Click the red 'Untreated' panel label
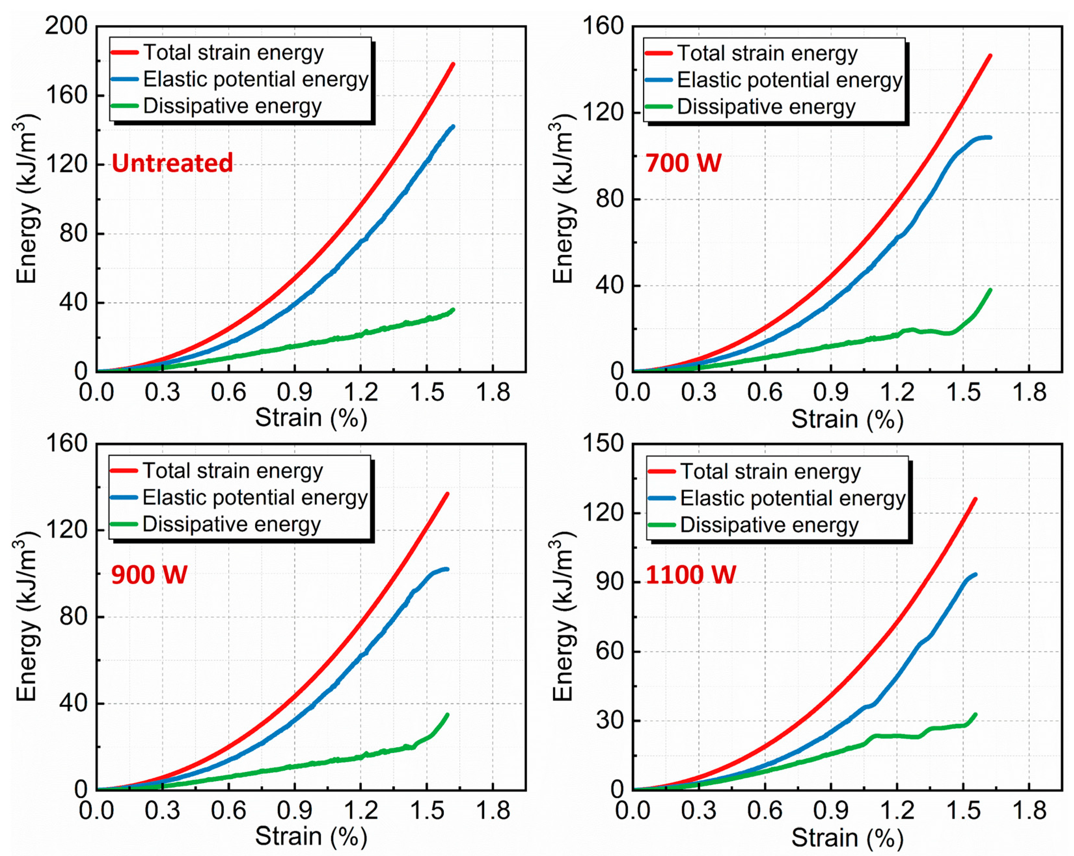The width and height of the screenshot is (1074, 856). [x=172, y=163]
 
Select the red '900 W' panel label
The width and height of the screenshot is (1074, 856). [x=149, y=574]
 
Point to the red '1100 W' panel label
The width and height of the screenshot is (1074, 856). [x=690, y=574]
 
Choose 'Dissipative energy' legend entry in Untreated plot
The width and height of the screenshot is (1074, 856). [x=232, y=106]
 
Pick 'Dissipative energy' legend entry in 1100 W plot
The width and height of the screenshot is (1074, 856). [x=769, y=525]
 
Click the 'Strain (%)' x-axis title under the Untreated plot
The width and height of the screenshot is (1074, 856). [x=311, y=418]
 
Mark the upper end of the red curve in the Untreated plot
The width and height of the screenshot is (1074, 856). [x=453, y=64]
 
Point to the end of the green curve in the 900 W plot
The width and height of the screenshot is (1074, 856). [x=447, y=714]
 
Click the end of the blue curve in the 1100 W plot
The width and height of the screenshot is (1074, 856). [x=975, y=574]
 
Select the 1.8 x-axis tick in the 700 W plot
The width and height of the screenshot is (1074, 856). [x=1029, y=392]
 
